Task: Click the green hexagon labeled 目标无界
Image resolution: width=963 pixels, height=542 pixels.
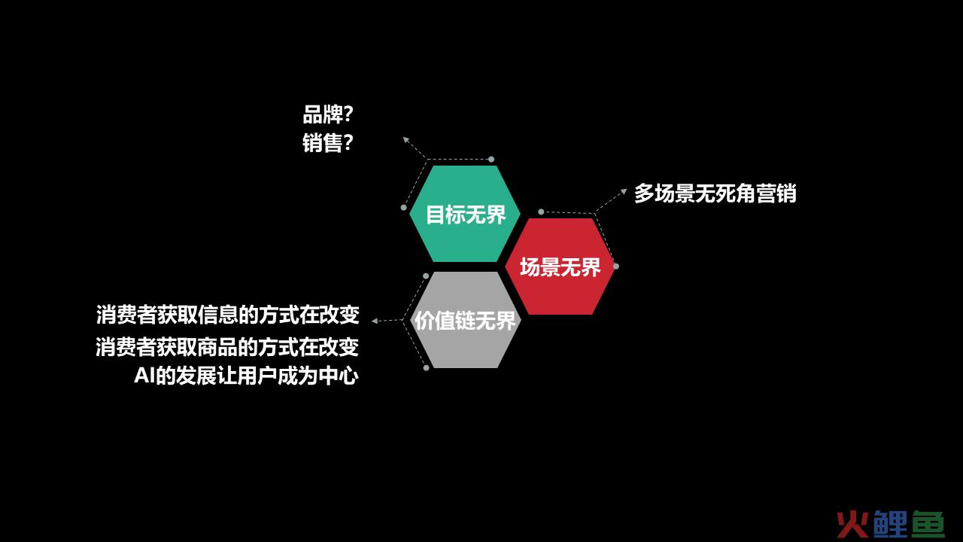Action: coord(465,214)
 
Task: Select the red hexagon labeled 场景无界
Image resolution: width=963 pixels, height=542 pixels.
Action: coord(560,266)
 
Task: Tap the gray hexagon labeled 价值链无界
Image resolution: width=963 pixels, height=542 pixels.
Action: coord(465,320)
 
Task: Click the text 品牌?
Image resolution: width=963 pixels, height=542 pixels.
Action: coord(327,114)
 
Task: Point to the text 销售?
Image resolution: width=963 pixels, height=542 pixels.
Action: coord(327,143)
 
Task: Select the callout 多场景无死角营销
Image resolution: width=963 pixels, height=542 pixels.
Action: coord(715,193)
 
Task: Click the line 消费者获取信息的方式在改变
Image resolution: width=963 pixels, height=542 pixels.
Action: coord(227,315)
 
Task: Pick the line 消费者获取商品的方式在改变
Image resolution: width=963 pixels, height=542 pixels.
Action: coord(227,347)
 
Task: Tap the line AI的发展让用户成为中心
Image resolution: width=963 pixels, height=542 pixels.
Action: coord(246,376)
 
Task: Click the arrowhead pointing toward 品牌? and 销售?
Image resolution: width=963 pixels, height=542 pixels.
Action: coord(406,139)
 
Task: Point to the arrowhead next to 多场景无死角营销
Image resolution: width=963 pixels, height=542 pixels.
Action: coord(624,191)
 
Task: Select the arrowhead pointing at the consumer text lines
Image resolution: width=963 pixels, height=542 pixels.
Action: coord(375,321)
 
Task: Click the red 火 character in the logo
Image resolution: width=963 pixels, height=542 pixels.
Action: coord(852,524)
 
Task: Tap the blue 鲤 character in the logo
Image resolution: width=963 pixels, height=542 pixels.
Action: coord(890,524)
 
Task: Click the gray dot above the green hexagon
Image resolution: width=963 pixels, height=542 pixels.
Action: coord(491,160)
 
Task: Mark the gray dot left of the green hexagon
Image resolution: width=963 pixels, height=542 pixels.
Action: coord(404,208)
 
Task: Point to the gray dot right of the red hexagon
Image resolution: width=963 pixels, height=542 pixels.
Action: coord(616,266)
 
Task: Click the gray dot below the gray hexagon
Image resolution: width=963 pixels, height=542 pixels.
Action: coord(426,368)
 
